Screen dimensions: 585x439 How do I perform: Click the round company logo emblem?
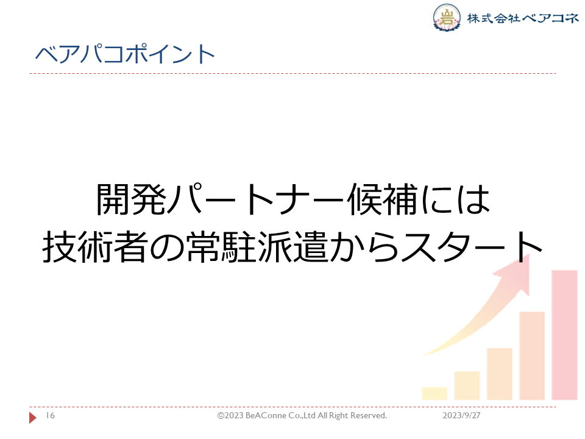[x=447, y=17]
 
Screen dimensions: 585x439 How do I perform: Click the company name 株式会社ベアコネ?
[x=523, y=18]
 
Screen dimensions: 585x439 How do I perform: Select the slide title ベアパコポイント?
[x=125, y=54]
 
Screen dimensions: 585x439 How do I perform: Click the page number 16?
[x=51, y=415]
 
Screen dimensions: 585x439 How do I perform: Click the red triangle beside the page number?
[x=33, y=417]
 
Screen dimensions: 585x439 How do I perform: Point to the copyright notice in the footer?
[x=302, y=415]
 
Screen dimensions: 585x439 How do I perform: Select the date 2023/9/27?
[x=461, y=415]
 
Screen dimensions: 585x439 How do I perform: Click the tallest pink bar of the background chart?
[x=564, y=335]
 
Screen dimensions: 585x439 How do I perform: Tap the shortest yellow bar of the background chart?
[x=434, y=393]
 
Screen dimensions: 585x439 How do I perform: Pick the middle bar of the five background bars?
[x=500, y=374]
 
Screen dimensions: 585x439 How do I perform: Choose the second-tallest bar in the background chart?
[x=532, y=355]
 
